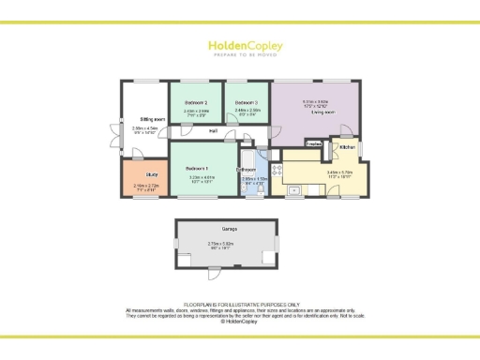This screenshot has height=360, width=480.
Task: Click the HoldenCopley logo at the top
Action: tap(239, 45)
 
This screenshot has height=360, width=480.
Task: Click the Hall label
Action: tap(214, 130)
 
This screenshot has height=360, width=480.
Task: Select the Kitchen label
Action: tap(347, 147)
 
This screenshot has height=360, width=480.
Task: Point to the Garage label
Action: tap(229, 230)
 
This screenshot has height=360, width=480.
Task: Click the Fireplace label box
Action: tap(315, 143)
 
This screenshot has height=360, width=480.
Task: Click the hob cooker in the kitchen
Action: tap(277, 170)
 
